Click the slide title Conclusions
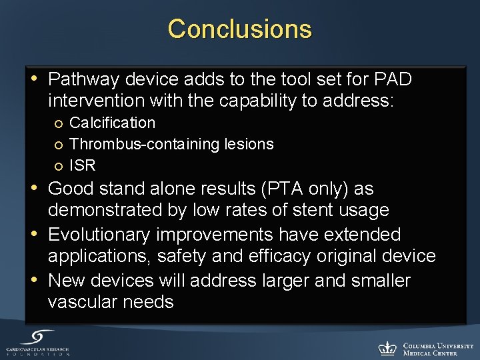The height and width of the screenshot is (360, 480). click(239, 29)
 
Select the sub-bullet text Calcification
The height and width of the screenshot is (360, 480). click(112, 123)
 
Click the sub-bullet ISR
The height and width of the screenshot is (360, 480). click(83, 165)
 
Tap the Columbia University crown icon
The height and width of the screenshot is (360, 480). click(387, 347)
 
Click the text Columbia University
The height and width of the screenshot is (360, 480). click(438, 345)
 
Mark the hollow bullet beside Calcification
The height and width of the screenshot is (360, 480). click(59, 123)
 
